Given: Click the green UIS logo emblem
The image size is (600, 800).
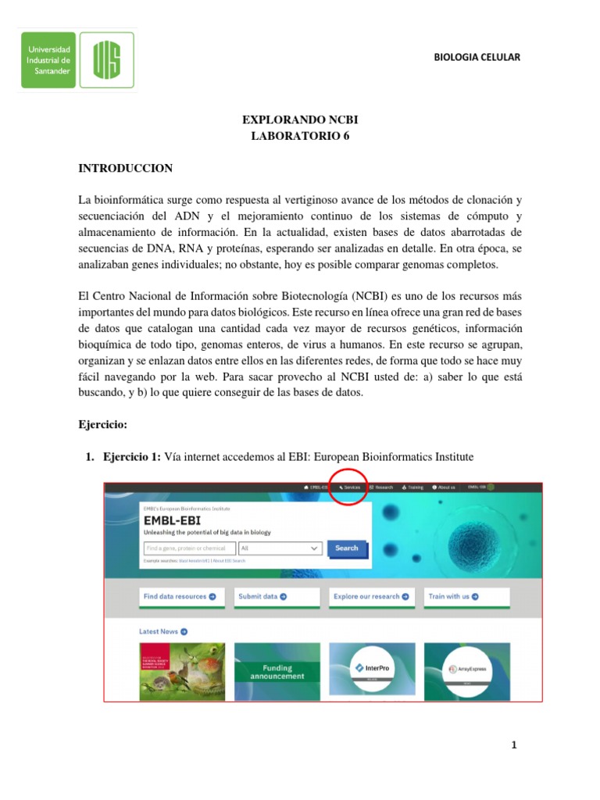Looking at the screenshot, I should click(x=106, y=60).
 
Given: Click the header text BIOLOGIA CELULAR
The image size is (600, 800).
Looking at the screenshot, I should click(x=476, y=58).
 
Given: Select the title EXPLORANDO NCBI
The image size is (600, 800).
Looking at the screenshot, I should click(x=300, y=120).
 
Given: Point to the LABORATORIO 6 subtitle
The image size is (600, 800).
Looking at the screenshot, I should click(x=300, y=136).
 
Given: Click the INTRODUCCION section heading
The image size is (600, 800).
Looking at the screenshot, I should click(x=126, y=168).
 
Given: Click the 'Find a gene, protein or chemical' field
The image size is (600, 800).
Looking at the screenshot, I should click(x=189, y=548).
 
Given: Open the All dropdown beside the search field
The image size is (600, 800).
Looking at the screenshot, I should click(x=280, y=548).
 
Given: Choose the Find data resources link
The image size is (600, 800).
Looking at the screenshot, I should click(x=180, y=596).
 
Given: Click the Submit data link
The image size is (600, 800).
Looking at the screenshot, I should click(x=262, y=596).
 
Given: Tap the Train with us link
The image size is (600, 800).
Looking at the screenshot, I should click(x=453, y=596).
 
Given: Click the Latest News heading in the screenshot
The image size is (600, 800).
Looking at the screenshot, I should click(x=162, y=631).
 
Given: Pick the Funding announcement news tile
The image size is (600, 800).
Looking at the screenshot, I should click(x=277, y=672).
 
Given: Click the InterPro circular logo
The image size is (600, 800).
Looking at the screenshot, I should click(x=372, y=668).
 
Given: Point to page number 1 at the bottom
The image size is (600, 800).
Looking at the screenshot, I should click(x=514, y=745).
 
